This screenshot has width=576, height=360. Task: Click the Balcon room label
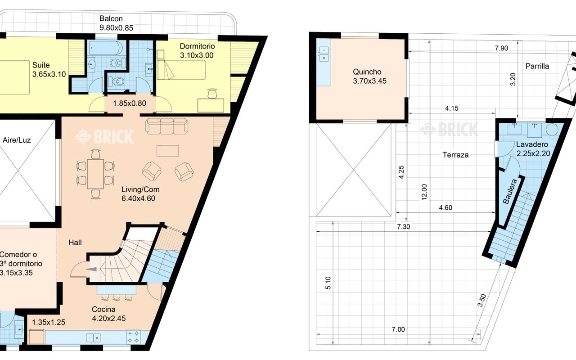pos(111,19)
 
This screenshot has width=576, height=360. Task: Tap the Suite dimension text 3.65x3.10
pos(49,74)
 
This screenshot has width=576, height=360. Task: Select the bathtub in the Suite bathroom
pos(106,48)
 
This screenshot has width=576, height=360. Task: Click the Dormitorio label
pos(197,46)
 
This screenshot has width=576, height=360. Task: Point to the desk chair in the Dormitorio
pos(212,94)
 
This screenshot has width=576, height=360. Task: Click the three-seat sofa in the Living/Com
pos(166,126)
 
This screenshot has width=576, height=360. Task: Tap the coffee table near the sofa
pos(168,151)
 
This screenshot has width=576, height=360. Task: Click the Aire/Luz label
pos(17,140)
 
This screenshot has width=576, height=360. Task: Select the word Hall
pos(75,243)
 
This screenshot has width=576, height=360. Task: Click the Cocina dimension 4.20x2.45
pos(109,318)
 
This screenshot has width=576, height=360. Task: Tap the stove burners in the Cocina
pos(134,337)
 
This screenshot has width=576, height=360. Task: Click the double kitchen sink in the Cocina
pos(93,338)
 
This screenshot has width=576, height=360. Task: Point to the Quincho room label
pos(367,72)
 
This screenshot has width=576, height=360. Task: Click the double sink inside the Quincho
pos(324,54)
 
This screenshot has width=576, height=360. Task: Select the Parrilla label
pos(537,66)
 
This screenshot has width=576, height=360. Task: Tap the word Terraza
pos(455,155)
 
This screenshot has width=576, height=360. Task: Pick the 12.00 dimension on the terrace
pos(424,192)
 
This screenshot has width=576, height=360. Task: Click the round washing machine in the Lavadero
pos(552,130)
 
